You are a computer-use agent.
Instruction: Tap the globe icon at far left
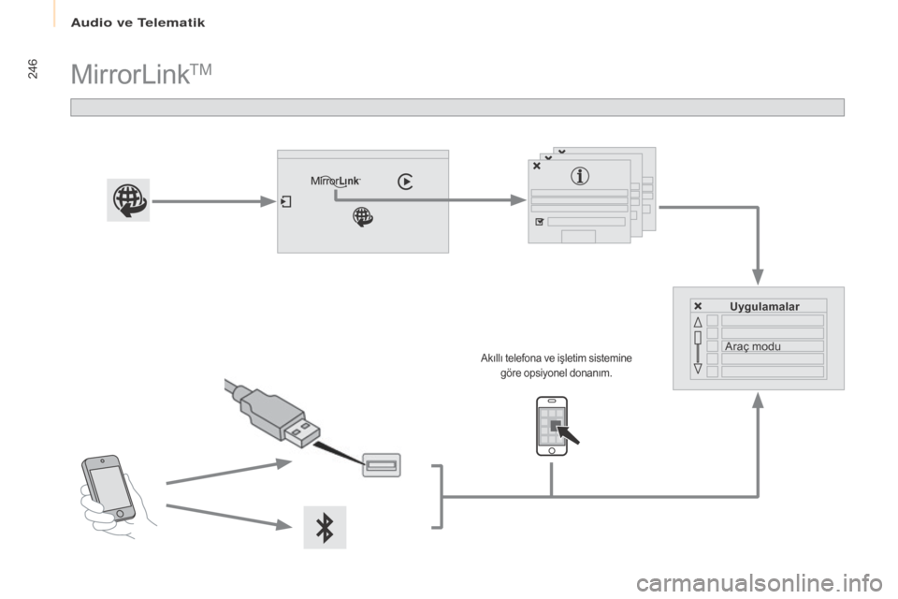pyautogui.click(x=125, y=200)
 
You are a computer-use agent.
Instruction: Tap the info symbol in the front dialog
pyautogui.click(x=580, y=174)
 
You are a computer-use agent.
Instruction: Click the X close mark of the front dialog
pyautogui.click(x=536, y=165)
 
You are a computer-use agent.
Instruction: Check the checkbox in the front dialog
pyautogui.click(x=538, y=224)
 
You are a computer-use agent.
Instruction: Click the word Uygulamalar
pyautogui.click(x=764, y=306)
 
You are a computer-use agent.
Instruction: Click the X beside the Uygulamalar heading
pyautogui.click(x=698, y=306)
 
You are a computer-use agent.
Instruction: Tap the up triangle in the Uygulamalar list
pyautogui.click(x=698, y=321)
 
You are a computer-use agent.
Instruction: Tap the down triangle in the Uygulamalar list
pyautogui.click(x=698, y=371)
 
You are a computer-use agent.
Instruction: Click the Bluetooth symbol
pyautogui.click(x=325, y=527)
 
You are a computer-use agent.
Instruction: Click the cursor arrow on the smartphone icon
pyautogui.click(x=569, y=435)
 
